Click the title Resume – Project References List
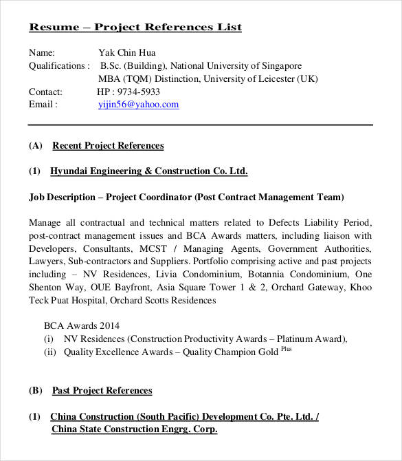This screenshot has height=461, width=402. click(135, 28)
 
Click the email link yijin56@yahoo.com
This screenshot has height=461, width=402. click(139, 105)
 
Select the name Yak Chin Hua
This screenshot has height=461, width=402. click(127, 52)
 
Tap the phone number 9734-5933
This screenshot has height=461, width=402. click(138, 92)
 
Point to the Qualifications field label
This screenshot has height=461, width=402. click(58, 66)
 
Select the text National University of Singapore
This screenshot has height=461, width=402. click(236, 66)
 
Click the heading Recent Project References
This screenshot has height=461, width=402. click(108, 145)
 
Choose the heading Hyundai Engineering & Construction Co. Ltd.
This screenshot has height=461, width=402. click(148, 171)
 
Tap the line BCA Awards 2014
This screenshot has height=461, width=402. click(76, 325)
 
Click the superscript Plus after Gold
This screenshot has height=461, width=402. click(285, 350)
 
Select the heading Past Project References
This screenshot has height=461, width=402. click(102, 390)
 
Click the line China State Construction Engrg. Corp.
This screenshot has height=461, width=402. click(134, 429)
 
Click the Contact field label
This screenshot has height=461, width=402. click(45, 92)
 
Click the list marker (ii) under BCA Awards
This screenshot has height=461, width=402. click(49, 352)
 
